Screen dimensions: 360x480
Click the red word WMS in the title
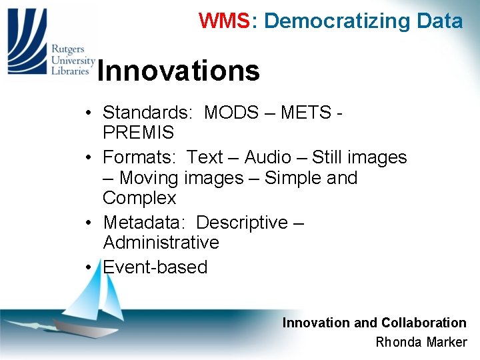tap(223, 21)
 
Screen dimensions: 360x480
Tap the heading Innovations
tap(178, 71)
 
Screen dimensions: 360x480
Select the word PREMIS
tap(138, 132)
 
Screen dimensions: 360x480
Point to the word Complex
tap(139, 198)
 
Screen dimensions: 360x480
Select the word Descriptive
tap(242, 222)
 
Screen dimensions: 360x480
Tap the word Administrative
tap(161, 243)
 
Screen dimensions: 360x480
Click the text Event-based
tap(155, 267)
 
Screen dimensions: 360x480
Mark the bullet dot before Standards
tap(89, 113)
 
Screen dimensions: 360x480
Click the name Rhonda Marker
tap(421, 343)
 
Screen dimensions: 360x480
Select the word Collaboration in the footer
tap(423, 323)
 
